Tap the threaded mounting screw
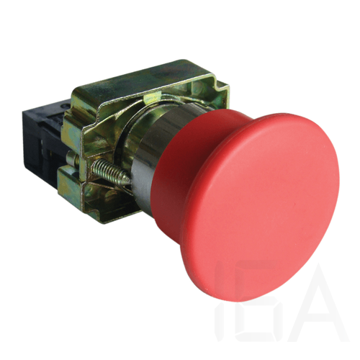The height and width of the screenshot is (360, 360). tap(109, 169)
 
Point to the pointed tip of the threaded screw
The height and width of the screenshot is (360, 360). tap(129, 182)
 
